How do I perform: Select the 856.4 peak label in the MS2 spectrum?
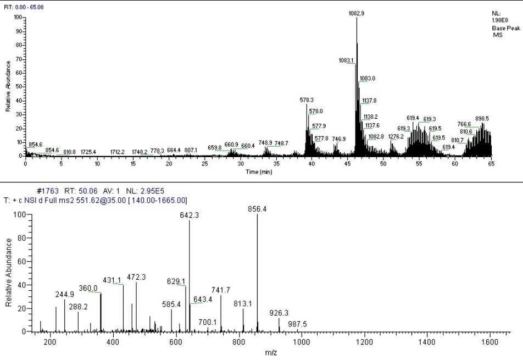click(258, 209)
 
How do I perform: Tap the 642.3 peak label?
click(189, 216)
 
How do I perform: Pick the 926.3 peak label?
click(279, 313)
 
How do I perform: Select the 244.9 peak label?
click(65, 295)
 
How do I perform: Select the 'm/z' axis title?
click(271, 352)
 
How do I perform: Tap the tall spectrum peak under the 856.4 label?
click(257, 275)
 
